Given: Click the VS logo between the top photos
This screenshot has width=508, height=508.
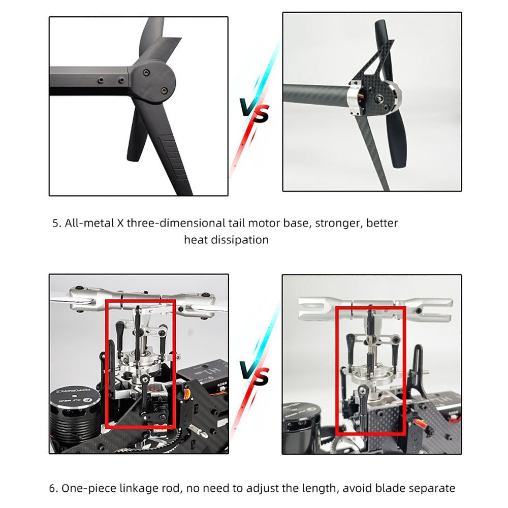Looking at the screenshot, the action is (255, 110).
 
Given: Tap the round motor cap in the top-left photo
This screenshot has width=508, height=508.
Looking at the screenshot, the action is (154, 82).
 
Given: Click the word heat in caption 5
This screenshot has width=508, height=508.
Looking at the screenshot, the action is (196, 240).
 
